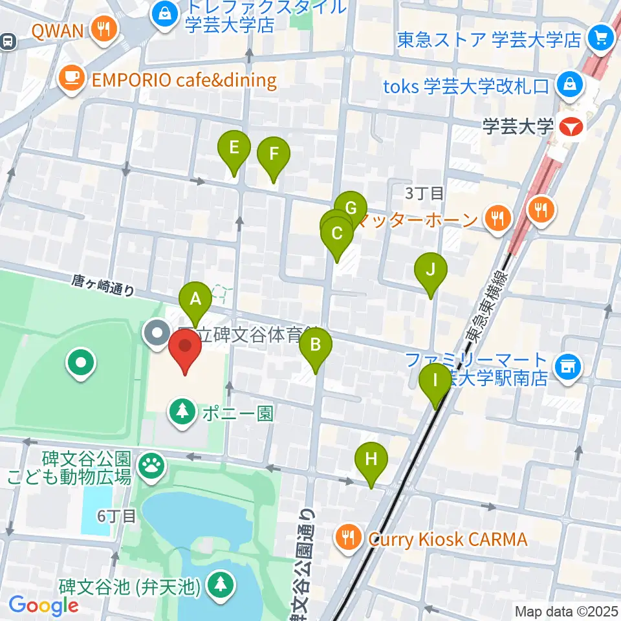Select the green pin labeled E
coord(234,147)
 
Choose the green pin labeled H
coord(371,459)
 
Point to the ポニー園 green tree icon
coord(184,413)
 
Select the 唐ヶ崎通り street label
coord(103,285)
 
